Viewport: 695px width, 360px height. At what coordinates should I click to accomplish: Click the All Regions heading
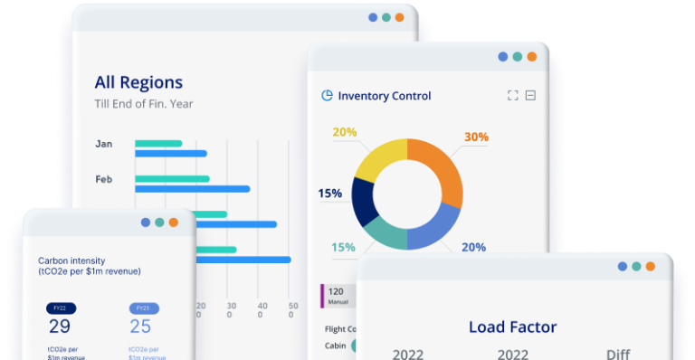[138, 82]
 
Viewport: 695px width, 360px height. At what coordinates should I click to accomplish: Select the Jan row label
[103, 144]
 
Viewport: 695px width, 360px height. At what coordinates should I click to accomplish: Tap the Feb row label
[104, 179]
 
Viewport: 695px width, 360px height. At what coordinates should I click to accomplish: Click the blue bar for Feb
[192, 189]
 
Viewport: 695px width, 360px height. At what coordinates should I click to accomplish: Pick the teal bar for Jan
[158, 143]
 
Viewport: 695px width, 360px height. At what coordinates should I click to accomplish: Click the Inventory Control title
[384, 96]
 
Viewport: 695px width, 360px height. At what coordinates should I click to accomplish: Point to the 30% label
[476, 137]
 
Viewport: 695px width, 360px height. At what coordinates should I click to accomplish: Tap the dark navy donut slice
[364, 201]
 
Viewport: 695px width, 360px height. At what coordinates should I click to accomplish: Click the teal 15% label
[343, 247]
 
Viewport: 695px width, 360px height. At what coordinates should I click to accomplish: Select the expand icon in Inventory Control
[513, 96]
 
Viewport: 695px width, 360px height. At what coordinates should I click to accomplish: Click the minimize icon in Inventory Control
[531, 96]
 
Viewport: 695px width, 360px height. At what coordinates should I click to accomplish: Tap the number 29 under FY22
[60, 327]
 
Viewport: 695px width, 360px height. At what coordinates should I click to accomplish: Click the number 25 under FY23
[140, 327]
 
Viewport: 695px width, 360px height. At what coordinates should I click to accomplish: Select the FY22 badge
[61, 308]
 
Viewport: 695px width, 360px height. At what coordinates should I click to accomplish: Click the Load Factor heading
[512, 327]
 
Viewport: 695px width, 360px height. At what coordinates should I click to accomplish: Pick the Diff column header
[618, 354]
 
